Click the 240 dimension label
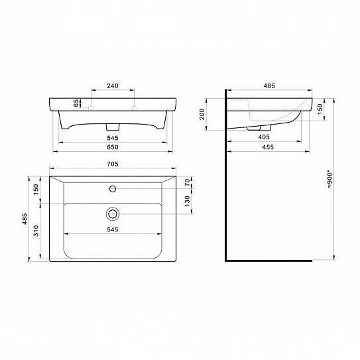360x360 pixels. pyautogui.click(x=113, y=86)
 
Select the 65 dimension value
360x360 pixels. pyautogui.click(x=76, y=103)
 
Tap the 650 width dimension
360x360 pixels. pyautogui.click(x=113, y=147)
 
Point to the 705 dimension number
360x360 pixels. pyautogui.click(x=113, y=164)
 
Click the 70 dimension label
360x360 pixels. pyautogui.click(x=188, y=182)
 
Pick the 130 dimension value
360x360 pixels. pyautogui.click(x=188, y=201)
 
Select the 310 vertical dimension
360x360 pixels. pyautogui.click(x=36, y=231)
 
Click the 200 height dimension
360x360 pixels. pyautogui.click(x=202, y=114)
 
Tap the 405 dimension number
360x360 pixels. pyautogui.click(x=264, y=137)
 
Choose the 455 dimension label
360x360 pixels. pyautogui.click(x=268, y=147)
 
